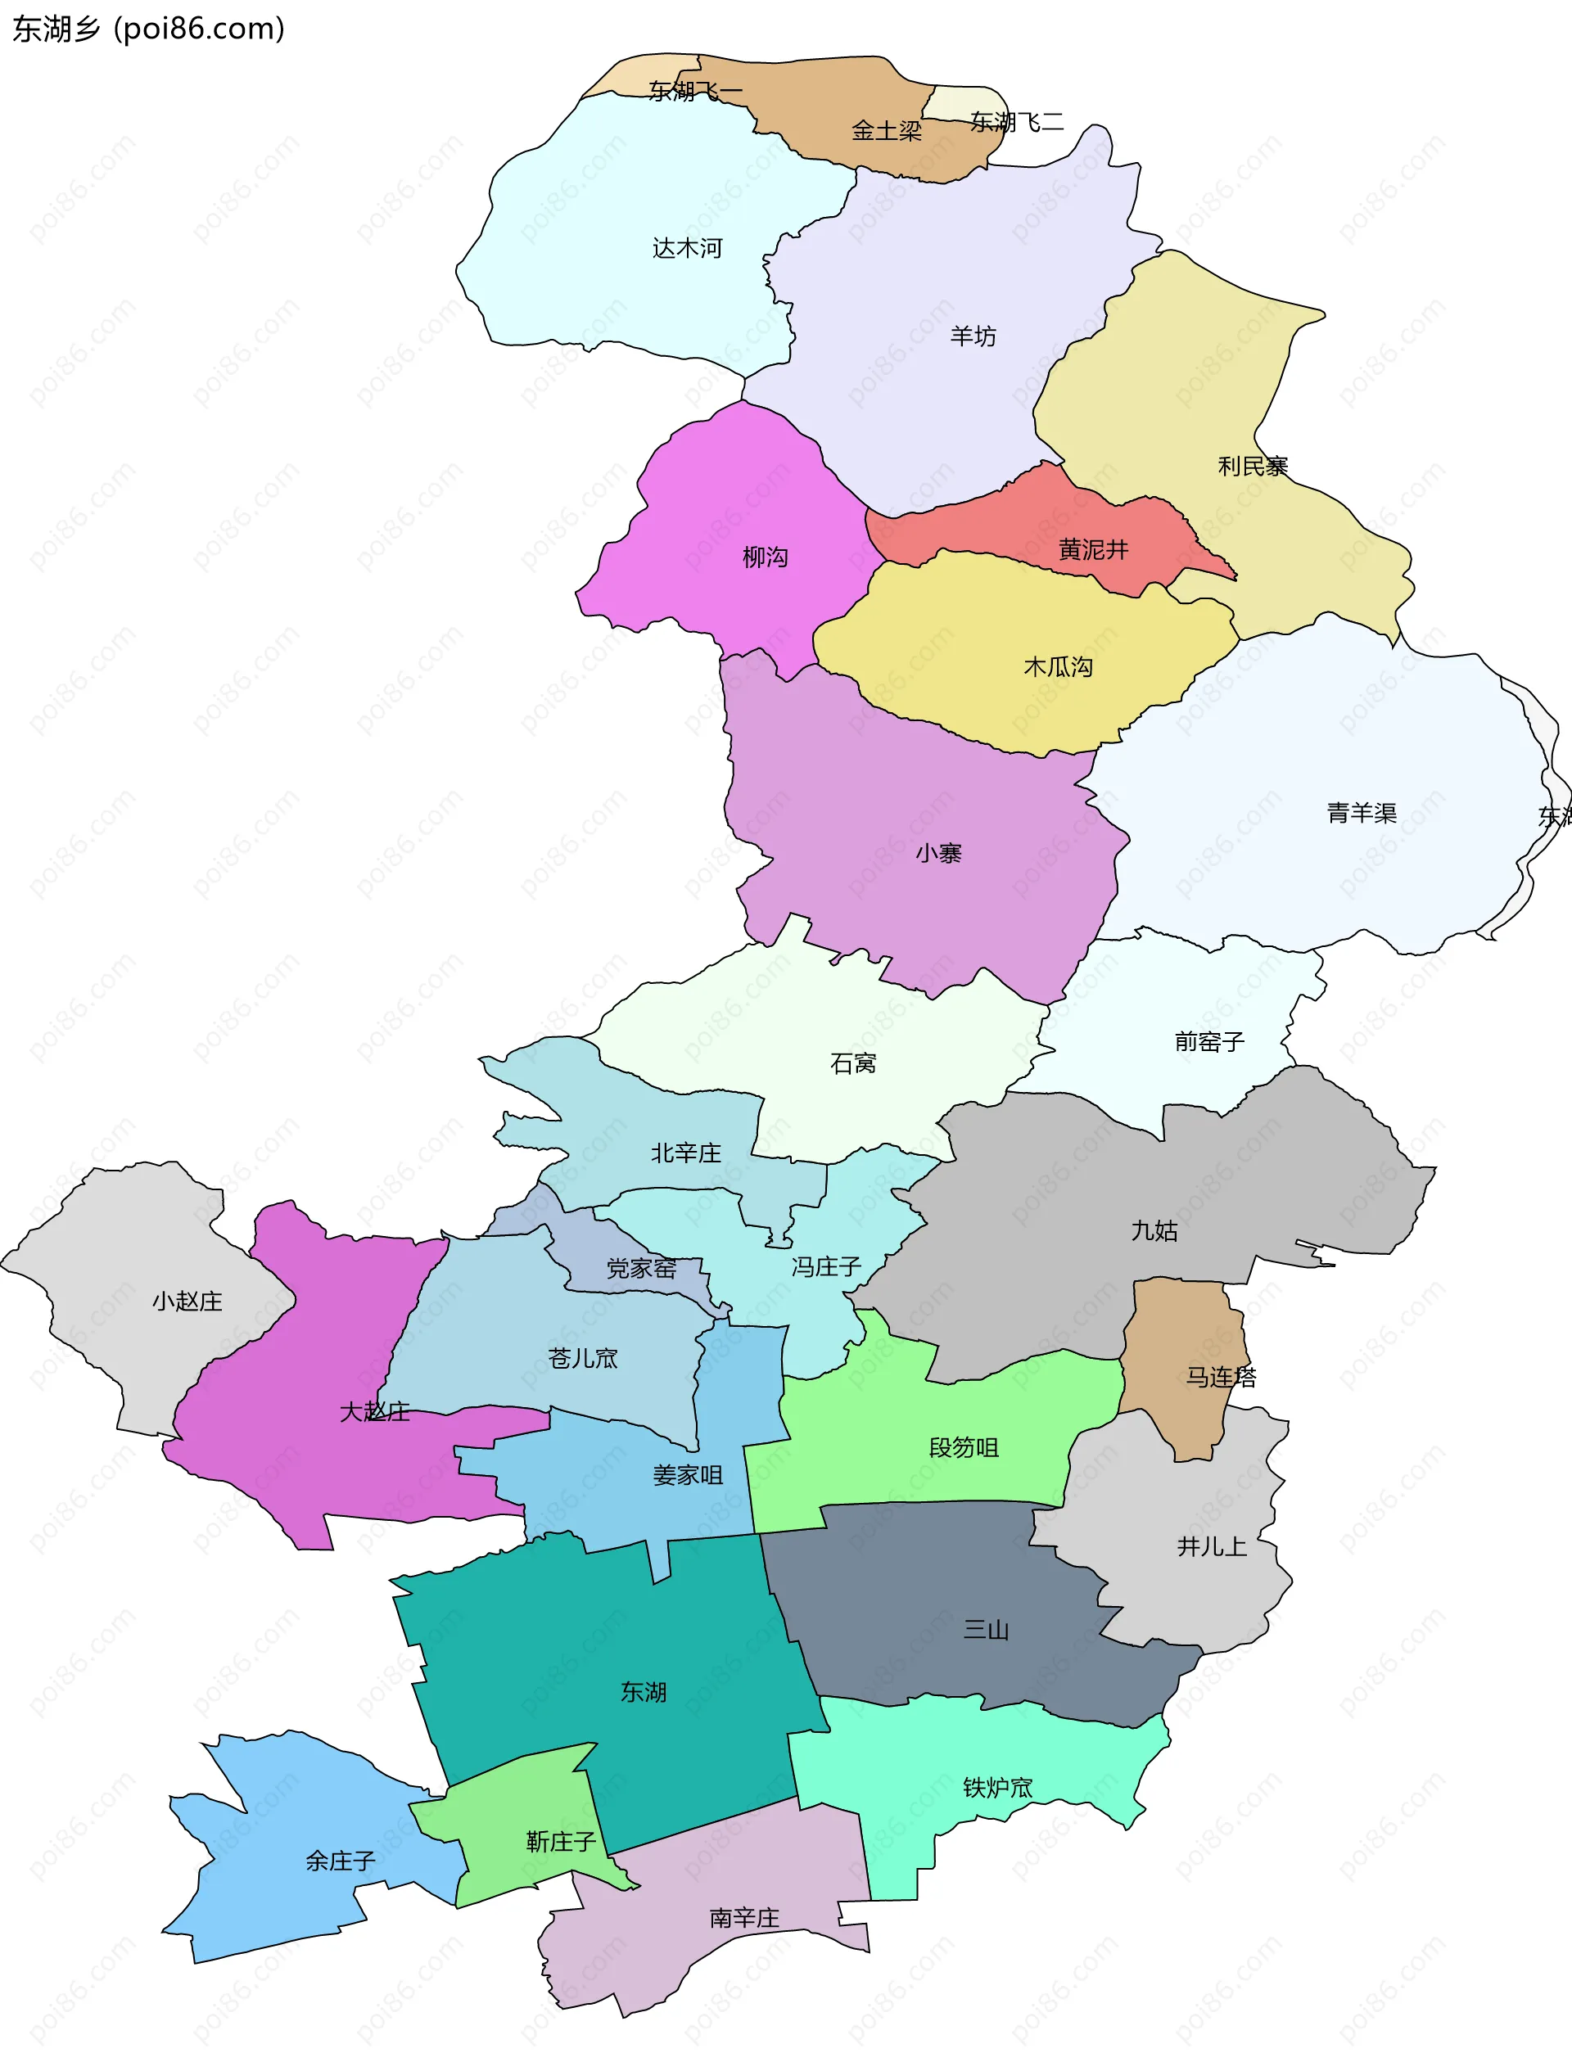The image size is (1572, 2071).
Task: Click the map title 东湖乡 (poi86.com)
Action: click(x=148, y=29)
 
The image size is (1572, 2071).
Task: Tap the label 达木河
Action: click(x=687, y=248)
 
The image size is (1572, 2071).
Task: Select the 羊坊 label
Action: click(x=973, y=336)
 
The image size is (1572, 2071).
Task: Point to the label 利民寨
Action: click(x=1252, y=467)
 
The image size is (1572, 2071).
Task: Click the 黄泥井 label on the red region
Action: click(x=1093, y=549)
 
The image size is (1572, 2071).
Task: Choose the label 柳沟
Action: click(x=765, y=558)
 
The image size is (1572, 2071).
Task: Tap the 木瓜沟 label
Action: click(x=1058, y=666)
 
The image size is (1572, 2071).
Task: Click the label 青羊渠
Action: click(x=1362, y=813)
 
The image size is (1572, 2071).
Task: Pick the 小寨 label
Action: click(x=938, y=853)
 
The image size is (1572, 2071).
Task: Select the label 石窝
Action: click(x=853, y=1063)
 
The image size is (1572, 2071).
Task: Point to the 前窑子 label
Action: click(x=1208, y=1042)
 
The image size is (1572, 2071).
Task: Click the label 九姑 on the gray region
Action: click(x=1154, y=1230)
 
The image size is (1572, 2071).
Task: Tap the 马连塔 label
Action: click(x=1221, y=1377)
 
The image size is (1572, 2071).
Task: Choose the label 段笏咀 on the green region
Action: click(x=964, y=1447)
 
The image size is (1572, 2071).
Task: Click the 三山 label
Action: click(x=986, y=1630)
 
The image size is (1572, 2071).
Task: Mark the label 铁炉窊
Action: click(x=997, y=1787)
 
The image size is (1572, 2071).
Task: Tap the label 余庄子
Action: click(x=340, y=1861)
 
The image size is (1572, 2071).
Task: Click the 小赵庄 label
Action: click(x=187, y=1302)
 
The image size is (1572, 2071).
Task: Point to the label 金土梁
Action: click(x=886, y=131)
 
